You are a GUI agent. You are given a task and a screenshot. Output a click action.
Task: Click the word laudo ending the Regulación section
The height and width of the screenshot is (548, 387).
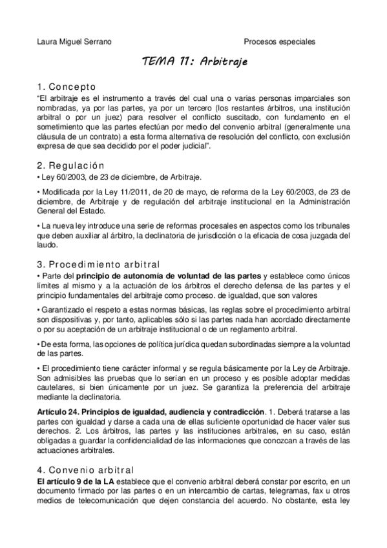(x=47, y=236)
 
